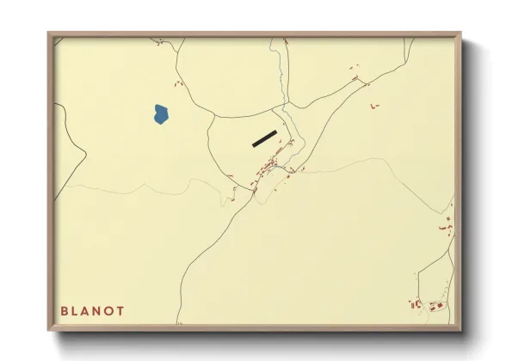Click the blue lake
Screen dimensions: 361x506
(160, 113)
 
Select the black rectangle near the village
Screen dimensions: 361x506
(264, 138)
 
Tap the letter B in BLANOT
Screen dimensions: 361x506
(65, 310)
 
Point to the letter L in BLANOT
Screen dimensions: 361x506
(77, 310)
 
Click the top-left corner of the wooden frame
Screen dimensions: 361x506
(49, 34)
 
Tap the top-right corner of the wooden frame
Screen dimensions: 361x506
(460, 34)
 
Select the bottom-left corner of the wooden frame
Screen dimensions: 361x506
(49, 331)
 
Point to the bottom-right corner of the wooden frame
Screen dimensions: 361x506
(460, 331)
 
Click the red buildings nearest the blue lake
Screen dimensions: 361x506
(178, 83)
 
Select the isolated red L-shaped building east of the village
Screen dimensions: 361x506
(373, 106)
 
